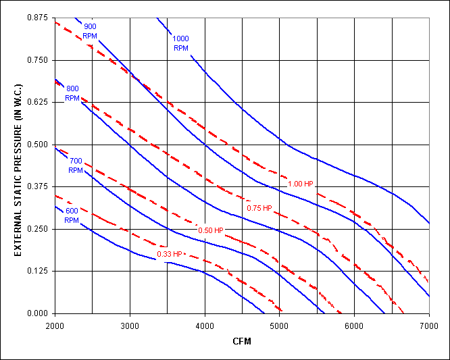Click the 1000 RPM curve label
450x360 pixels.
pos(180,43)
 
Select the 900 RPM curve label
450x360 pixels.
pos(90,31)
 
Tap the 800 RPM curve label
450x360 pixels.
pos(72,93)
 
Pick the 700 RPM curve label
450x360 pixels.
pos(76,165)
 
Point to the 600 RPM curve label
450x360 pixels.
pos(72,216)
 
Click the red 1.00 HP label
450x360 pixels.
pos(300,184)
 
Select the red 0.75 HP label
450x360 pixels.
pos(259,208)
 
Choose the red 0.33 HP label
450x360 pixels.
pos(169,254)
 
